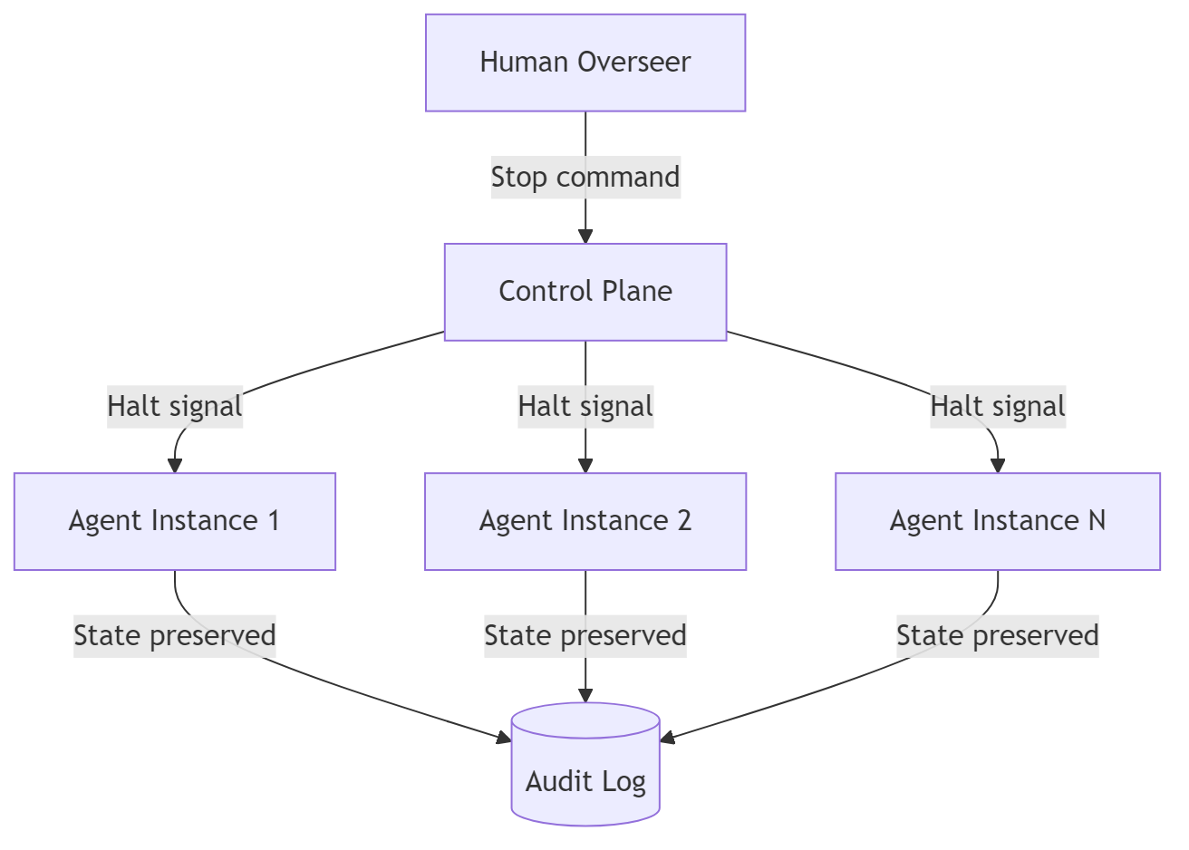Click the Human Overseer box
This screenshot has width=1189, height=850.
(x=585, y=63)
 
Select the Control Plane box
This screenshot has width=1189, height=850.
(x=585, y=292)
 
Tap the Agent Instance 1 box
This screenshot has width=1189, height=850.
(x=174, y=521)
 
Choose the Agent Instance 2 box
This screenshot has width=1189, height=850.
(x=585, y=521)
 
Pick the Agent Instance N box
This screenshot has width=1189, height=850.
(x=997, y=521)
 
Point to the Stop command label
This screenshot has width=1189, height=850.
(x=585, y=178)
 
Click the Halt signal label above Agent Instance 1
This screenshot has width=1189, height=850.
(x=175, y=406)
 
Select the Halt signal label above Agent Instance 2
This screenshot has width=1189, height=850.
(x=585, y=406)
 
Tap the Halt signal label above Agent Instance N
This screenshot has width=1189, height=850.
(x=997, y=406)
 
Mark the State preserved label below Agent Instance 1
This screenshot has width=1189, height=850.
(x=174, y=635)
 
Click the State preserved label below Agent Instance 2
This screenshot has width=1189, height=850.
(x=585, y=635)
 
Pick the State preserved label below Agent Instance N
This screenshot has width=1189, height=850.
(x=997, y=635)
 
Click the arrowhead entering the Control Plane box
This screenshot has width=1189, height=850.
(x=585, y=237)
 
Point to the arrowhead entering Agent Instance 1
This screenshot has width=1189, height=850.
(x=175, y=466)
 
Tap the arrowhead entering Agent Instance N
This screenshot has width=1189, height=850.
(x=997, y=466)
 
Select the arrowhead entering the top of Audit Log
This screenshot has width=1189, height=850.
(x=585, y=695)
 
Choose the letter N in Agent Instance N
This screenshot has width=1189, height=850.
(x=1096, y=521)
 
